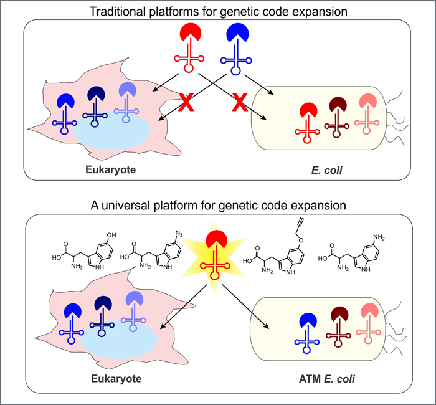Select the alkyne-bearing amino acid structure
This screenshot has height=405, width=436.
(x=280, y=255)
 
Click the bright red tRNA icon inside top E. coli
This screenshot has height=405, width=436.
(x=305, y=118)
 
